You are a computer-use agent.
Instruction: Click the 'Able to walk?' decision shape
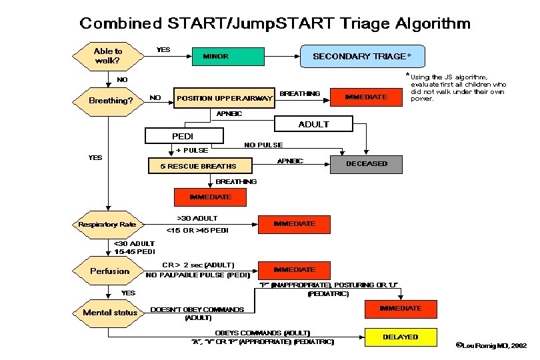pos(108,56)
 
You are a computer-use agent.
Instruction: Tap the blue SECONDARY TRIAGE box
pos(362,56)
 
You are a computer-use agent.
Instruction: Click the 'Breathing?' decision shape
pos(111,101)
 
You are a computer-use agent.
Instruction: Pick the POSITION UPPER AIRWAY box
pos(225,98)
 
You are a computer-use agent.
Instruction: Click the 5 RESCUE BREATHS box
pos(198,165)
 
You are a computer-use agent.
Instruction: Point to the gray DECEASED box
pos(367,164)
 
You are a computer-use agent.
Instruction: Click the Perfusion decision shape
pos(110,271)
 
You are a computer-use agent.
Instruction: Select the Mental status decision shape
pos(110,313)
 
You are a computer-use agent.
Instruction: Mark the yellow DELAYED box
pos(400,337)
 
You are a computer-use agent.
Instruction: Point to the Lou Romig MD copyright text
pos(491,346)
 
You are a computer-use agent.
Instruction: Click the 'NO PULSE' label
pos(263,145)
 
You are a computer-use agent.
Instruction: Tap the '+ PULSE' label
pos(192,150)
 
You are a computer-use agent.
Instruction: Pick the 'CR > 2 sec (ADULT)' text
pos(198,265)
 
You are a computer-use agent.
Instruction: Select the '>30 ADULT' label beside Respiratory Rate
pos(197,218)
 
